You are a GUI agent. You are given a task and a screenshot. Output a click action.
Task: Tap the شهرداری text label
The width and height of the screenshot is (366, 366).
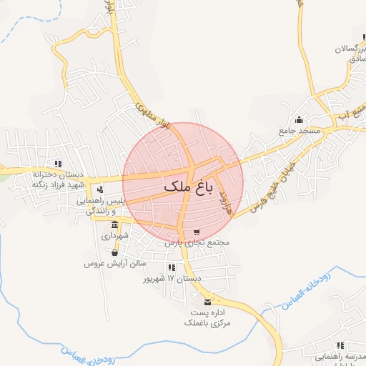114,235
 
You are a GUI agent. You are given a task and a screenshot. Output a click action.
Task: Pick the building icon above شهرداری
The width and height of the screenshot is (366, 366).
114,224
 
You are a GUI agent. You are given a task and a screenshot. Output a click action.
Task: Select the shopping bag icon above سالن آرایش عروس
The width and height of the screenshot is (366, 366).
115,252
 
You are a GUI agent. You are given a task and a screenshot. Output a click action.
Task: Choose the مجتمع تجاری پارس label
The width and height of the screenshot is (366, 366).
197,243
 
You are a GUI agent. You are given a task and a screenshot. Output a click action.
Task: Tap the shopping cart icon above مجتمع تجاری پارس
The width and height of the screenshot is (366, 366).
197,232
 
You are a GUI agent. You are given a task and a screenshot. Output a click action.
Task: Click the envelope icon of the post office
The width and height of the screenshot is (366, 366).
208,302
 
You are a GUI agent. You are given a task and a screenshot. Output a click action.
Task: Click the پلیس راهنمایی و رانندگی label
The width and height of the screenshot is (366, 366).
101,206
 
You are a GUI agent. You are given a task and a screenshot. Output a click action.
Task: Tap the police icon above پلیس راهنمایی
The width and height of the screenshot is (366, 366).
101,189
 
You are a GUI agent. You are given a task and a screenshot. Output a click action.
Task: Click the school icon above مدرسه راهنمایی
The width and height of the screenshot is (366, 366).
340,345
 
